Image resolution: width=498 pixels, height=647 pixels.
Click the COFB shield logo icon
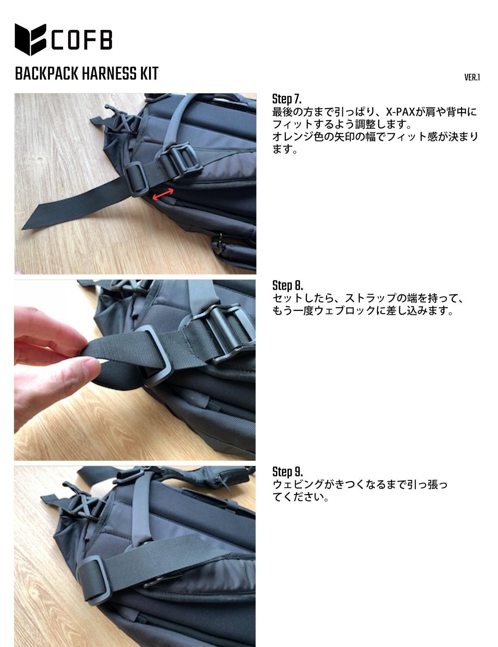[30, 39]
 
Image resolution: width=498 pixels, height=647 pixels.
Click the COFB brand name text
[82, 40]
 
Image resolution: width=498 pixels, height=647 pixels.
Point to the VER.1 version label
[472, 78]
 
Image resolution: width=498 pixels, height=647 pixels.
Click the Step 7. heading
[286, 99]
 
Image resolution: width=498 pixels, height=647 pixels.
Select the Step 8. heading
[288, 285]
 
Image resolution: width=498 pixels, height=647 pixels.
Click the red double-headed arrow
[163, 194]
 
